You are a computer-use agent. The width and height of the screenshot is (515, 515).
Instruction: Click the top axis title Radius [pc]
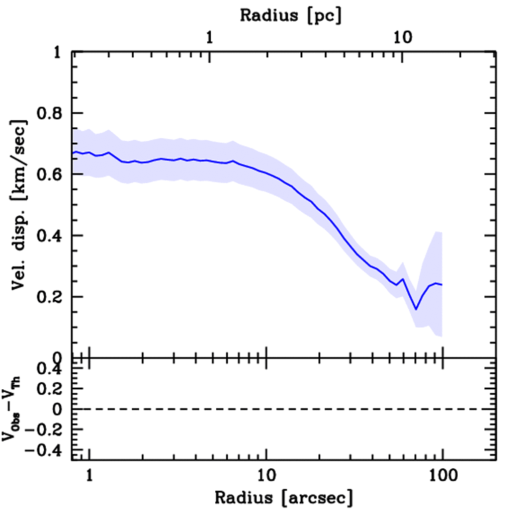pos(290,15)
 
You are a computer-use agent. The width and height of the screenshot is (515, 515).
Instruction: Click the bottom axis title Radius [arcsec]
pos(284,498)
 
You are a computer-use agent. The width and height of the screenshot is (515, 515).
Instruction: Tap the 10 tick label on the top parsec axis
pos(402,37)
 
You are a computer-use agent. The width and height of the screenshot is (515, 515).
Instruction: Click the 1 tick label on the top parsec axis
pos(210,37)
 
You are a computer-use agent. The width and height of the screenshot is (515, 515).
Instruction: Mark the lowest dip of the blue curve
pos(416,309)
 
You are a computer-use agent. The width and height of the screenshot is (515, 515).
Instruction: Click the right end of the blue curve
pos(442,285)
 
